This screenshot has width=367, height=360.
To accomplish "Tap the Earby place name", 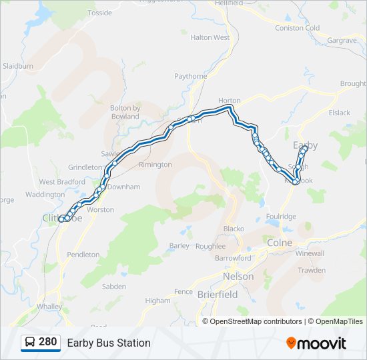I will coord(306,145).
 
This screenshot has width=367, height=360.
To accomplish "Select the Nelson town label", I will coord(238,276).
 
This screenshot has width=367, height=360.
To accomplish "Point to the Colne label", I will coord(280,243).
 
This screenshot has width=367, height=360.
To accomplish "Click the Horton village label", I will coord(229,101).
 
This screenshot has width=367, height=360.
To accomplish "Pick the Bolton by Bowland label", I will coord(125,112).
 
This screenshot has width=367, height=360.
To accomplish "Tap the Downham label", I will coord(123,187).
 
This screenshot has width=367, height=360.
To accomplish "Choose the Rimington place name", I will coord(155,165).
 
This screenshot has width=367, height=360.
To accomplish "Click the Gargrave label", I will coord(342,41).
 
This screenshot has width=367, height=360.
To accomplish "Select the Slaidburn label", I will coord(18,67).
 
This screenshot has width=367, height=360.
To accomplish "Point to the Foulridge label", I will coord(280,216).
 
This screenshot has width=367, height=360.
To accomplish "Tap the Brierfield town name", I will coord(218,293).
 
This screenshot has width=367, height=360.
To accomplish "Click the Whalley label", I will coord(50,306).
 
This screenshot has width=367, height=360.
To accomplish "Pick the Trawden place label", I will coord(312,270).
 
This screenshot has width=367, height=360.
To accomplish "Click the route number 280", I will coord(48,342).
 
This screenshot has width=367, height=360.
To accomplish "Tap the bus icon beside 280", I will coord(30,343).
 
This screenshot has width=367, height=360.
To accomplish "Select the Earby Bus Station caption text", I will coord(109,343).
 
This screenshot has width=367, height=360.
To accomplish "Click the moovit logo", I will coord(316,343).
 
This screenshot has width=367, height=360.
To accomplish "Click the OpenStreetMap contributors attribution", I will coord(256,321).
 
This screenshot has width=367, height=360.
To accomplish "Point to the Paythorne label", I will coord(191,77).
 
